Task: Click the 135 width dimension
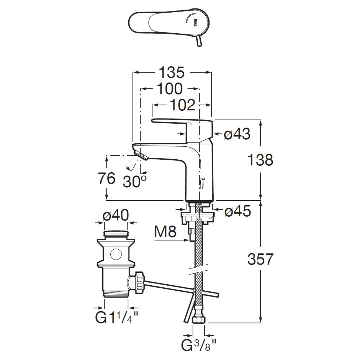coord(172,72)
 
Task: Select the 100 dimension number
coord(169,88)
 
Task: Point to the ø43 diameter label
coord(237,134)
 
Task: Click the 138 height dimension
coord(260,160)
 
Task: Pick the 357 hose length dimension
coord(260,259)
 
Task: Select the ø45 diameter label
coord(238,211)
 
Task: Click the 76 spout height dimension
coord(106,178)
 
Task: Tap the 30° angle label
coord(134,181)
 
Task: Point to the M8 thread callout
coord(165,232)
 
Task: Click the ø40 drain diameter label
coord(115,215)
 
